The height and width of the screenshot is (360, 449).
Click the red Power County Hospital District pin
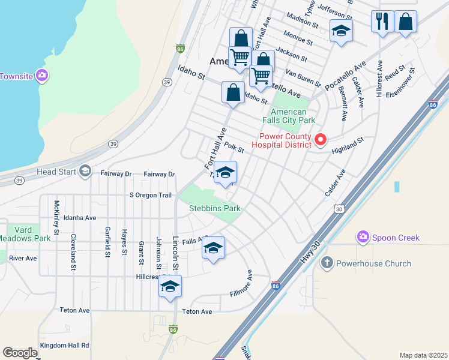[x=321, y=140]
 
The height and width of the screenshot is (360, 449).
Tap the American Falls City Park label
[x=288, y=116]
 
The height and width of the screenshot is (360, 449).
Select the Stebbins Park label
[x=215, y=208]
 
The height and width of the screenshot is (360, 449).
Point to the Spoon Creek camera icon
[x=363, y=238]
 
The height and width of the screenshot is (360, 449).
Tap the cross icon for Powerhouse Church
[x=327, y=263]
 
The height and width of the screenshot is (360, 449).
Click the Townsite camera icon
[x=43, y=76]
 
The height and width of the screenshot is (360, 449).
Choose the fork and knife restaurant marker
[x=382, y=22]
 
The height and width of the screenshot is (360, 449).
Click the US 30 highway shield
[x=339, y=208]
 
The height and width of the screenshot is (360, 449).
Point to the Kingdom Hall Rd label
[x=64, y=346]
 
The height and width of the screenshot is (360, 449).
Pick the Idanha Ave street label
[x=80, y=218]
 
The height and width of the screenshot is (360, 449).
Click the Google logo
[x=20, y=353]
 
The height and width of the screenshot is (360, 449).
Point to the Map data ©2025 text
[x=423, y=355]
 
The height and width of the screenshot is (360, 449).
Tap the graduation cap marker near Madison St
[x=341, y=31]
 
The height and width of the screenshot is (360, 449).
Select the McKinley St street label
[x=57, y=217]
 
